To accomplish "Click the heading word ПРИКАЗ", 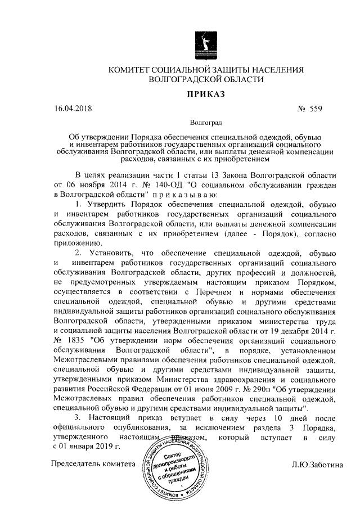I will pyautogui.click(x=205, y=94).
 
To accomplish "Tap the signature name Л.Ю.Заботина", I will pyautogui.click(x=316, y=465).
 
